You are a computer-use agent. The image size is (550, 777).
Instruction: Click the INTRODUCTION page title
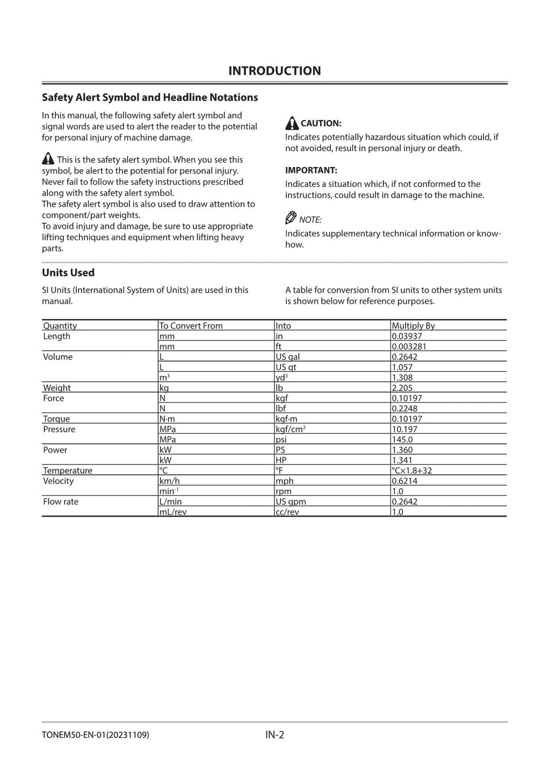(x=274, y=71)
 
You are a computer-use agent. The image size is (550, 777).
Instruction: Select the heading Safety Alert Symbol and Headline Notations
(x=150, y=97)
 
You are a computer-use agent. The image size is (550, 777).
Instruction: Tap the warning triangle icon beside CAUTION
(x=292, y=123)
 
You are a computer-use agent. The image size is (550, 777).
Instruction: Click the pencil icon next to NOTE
(x=291, y=218)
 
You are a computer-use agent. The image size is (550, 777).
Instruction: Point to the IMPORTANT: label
(x=311, y=170)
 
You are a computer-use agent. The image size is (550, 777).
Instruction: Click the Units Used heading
(x=68, y=272)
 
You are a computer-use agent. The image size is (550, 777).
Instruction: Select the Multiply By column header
(x=413, y=325)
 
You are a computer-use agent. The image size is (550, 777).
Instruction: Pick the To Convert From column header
(x=191, y=325)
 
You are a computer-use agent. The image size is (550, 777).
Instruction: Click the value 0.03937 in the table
(x=407, y=336)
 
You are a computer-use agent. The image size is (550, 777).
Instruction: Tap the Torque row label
(x=56, y=419)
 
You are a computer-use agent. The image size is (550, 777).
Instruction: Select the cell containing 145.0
(x=402, y=440)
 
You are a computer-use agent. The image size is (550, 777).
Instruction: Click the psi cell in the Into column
(x=281, y=440)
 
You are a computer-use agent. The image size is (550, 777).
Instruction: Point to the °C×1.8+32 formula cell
(x=412, y=470)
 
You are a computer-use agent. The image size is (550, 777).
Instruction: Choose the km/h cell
(x=169, y=481)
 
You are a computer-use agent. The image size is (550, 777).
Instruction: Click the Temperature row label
(x=68, y=470)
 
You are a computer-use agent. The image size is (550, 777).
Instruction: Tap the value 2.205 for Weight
(x=402, y=388)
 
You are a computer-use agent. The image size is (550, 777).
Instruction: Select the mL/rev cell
(x=173, y=512)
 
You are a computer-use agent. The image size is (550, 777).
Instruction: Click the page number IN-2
(x=274, y=735)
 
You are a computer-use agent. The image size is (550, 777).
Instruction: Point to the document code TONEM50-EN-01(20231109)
(x=96, y=735)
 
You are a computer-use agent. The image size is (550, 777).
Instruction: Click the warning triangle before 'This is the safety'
(x=48, y=159)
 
